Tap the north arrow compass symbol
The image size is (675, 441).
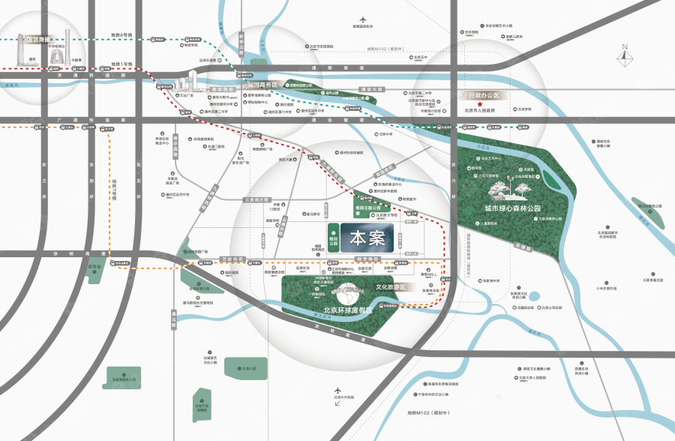[x=623, y=57]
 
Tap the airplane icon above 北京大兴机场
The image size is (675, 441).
[x=338, y=403]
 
